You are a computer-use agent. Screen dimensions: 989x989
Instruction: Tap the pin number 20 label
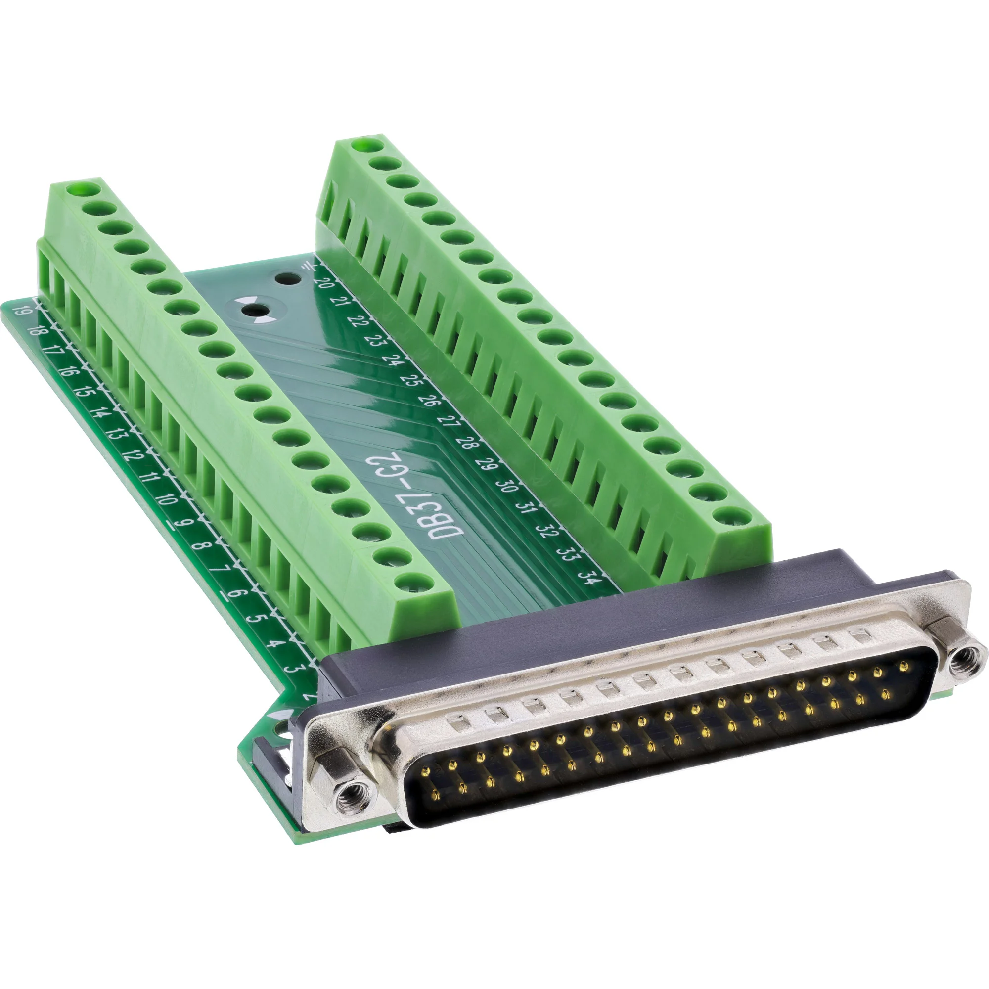pos(323,282)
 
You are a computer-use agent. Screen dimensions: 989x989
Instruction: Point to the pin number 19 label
pos(21,311)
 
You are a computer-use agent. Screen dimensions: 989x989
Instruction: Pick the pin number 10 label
pos(165,498)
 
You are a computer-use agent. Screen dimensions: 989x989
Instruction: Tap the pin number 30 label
pos(505,485)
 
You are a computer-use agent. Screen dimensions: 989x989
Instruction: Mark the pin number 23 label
pos(378,341)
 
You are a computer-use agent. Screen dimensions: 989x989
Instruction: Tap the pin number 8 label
pos(202,546)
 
